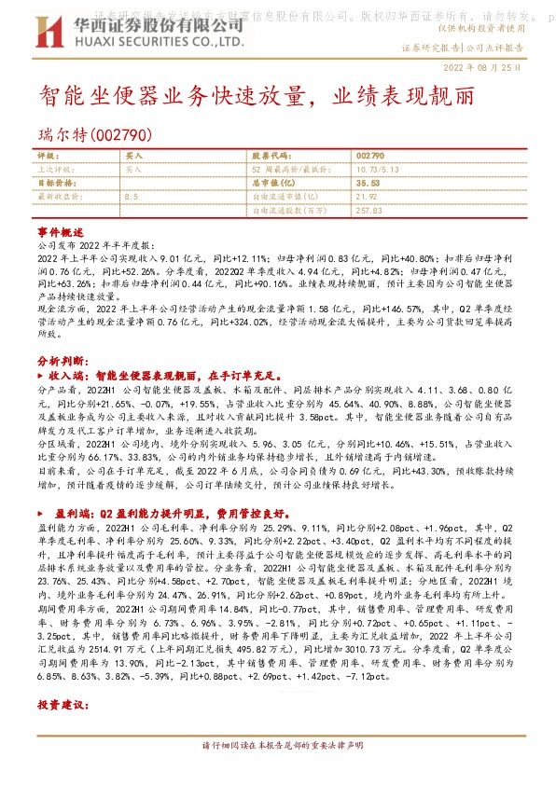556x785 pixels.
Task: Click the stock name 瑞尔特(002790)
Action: tap(90, 135)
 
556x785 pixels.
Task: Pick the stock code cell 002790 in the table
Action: tap(369, 156)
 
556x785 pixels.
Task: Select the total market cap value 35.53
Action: tap(367, 184)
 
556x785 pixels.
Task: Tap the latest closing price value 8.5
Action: tap(131, 198)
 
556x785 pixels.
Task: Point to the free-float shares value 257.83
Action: tap(369, 212)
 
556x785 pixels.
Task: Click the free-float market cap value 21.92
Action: tap(366, 198)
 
